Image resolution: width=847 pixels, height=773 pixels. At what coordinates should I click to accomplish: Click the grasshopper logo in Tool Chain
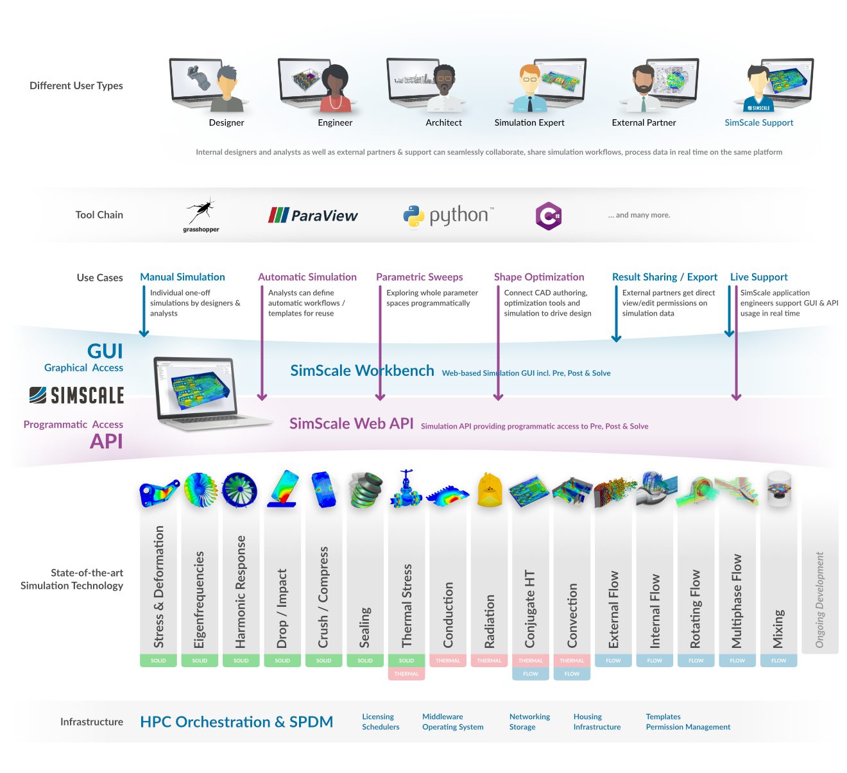[201, 214]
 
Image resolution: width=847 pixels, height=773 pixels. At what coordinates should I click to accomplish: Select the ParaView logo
[312, 216]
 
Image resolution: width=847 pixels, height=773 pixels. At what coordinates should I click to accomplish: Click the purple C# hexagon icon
[549, 216]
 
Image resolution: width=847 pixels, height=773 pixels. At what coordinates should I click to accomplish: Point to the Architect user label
[443, 123]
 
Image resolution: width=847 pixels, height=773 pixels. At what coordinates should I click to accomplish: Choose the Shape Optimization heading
[538, 277]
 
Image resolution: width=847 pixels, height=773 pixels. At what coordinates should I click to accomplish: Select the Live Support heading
[758, 277]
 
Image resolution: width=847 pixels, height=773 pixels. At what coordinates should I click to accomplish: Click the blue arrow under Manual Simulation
[144, 311]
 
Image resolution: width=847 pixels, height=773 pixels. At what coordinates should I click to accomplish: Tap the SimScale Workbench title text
[362, 371]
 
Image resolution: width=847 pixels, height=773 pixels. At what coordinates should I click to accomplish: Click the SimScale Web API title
[351, 423]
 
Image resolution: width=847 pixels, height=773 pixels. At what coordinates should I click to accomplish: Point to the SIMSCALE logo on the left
[77, 395]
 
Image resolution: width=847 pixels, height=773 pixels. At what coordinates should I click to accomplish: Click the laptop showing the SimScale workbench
[205, 393]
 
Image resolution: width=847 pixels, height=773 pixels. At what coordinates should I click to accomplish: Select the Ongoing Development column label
[819, 599]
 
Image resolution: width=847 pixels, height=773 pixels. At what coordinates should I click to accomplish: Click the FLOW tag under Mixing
[778, 660]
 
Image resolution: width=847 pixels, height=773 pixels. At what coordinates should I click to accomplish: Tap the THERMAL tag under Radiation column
[489, 660]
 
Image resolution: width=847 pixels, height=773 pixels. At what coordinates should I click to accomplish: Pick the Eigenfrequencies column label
[200, 599]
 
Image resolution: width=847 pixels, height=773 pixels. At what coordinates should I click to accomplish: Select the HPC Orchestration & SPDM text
[236, 722]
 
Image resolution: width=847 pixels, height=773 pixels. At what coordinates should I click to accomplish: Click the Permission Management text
[688, 727]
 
